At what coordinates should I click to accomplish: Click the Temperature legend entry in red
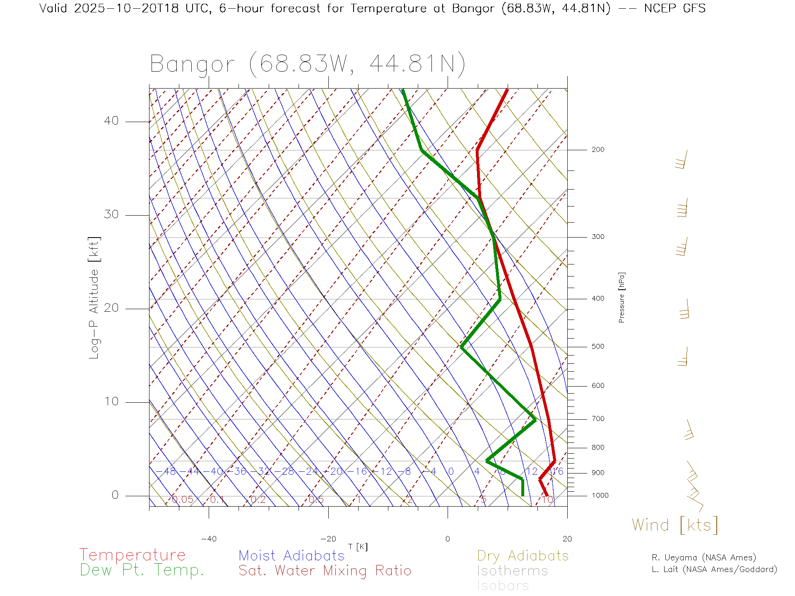132,555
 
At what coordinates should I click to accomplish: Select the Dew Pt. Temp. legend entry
142,570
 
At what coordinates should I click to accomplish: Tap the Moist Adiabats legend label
291,555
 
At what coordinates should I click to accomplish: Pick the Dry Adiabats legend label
523,555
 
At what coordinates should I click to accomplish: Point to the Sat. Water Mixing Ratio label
325,570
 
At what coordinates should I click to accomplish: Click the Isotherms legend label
512,571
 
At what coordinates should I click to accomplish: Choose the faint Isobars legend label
503,586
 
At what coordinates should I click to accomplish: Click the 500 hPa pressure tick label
597,346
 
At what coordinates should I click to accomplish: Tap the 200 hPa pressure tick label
597,149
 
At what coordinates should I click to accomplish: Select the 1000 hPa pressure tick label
600,495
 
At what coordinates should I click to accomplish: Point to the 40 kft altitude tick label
111,121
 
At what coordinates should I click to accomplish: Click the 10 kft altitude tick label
111,401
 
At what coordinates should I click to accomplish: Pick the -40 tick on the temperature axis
209,539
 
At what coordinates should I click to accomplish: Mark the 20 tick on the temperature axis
567,539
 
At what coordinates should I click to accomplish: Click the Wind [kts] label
675,525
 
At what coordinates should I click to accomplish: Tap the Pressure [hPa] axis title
622,297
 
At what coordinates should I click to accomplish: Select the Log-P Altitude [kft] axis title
94,298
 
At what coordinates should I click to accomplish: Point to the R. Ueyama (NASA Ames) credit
703,558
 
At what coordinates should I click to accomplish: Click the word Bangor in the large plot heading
192,64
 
